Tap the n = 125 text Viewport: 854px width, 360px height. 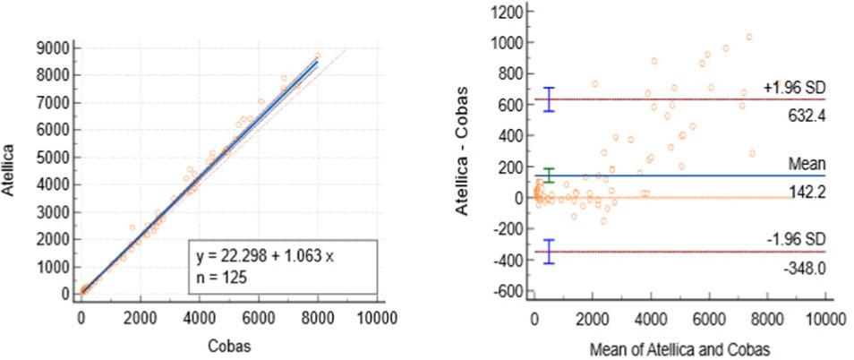coord(221,277)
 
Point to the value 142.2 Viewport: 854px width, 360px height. coord(803,191)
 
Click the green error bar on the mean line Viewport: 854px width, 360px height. coord(550,176)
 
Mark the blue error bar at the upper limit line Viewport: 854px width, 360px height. coord(550,99)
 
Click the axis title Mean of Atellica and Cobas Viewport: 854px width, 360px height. coord(677,344)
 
